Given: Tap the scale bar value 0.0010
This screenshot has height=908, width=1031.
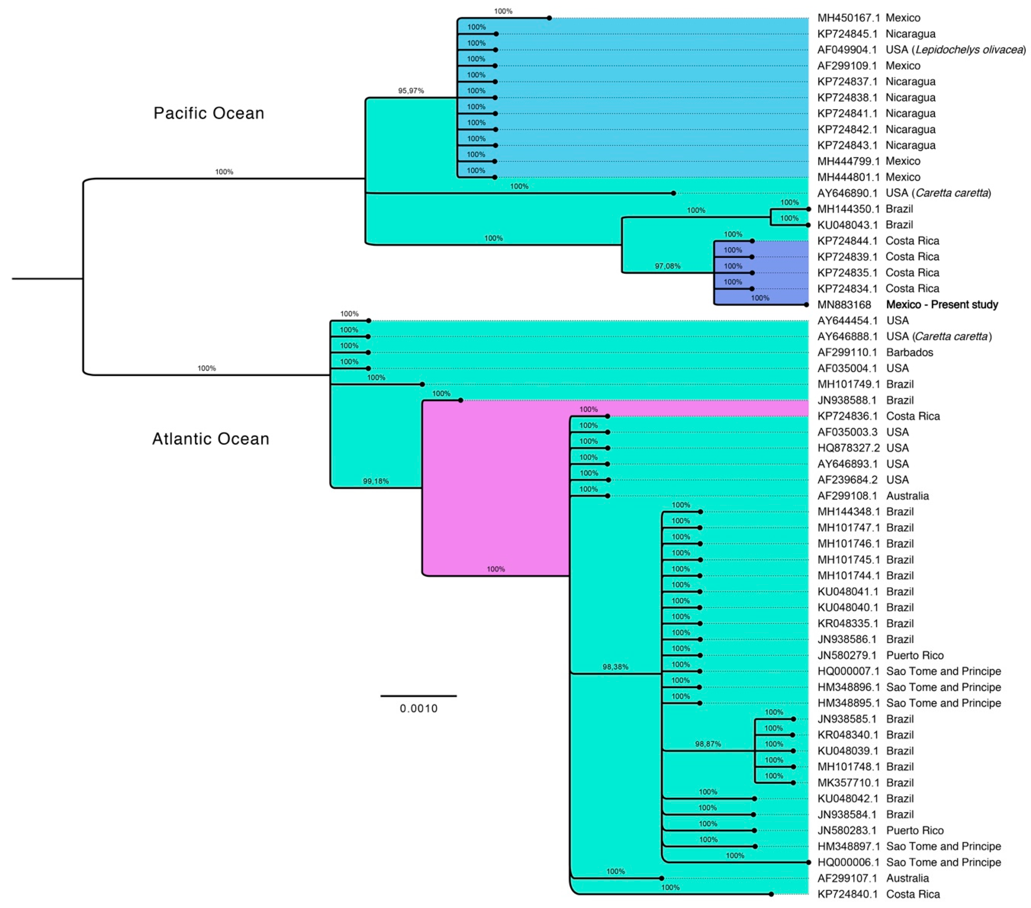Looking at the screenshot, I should tap(419, 708).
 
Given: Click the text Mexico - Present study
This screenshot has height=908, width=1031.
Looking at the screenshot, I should tap(942, 304).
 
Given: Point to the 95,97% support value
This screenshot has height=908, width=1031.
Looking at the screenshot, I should tap(411, 91).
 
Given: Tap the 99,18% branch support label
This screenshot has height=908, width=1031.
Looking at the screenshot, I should tap(376, 481).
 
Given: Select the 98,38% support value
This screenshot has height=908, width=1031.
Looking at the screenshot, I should tap(615, 667).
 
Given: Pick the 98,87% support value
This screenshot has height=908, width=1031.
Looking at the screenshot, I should tap(708, 744).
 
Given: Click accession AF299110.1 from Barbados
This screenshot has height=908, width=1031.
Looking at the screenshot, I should tap(847, 353).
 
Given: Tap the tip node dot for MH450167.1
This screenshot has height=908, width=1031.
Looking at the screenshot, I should tap(549, 18).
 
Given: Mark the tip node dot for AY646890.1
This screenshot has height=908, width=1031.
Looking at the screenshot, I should tap(673, 193).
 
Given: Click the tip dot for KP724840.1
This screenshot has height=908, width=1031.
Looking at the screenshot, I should tap(771, 894).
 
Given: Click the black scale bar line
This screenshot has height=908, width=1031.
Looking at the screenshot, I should tap(419, 696).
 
